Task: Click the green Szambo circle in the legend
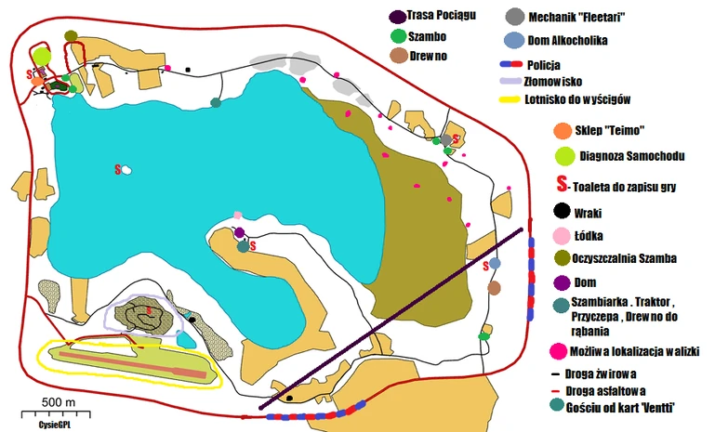coord(399,36)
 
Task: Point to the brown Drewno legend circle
coord(398,56)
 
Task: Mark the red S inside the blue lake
coord(118,169)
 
